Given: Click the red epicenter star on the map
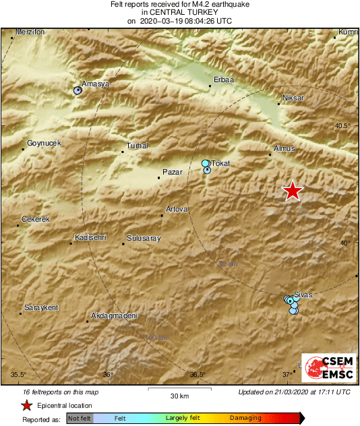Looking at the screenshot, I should click(292, 191).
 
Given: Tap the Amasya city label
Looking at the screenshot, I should click(95, 84).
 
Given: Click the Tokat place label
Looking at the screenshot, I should click(221, 163).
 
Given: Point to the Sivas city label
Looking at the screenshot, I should click(303, 295).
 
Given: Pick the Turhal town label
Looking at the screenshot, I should click(138, 146).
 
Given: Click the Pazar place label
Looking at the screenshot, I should click(173, 173).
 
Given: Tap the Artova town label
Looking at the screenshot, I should click(177, 210).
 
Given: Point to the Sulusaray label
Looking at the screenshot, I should click(143, 238).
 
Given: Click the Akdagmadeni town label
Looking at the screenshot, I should click(114, 315).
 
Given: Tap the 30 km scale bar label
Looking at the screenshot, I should click(179, 395).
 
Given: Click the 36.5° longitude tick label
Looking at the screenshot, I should click(197, 375).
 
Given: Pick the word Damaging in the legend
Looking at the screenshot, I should click(245, 418).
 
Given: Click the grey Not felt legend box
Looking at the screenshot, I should click(80, 419).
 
